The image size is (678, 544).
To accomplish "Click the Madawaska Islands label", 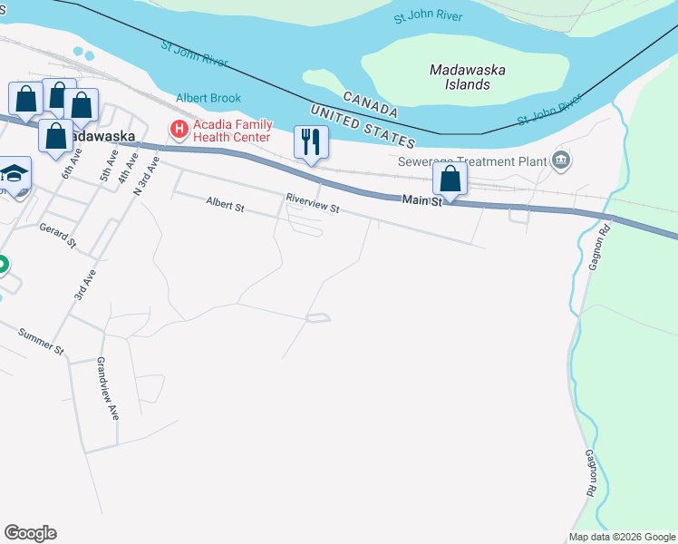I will (468, 77).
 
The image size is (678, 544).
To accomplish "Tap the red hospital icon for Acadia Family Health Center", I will (179, 130).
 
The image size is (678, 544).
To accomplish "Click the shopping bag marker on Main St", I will (450, 179).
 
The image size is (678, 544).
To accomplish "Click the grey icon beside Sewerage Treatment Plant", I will (561, 161).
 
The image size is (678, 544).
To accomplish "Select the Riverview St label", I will (312, 202).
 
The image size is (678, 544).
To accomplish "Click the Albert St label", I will (226, 207).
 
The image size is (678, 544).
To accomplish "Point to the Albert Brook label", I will (208, 98).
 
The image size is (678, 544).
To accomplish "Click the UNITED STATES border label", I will (362, 126).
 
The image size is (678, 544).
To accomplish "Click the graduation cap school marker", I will (15, 173).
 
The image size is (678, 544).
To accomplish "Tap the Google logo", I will (30, 533).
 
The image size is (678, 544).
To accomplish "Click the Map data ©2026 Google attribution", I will (623, 537).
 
